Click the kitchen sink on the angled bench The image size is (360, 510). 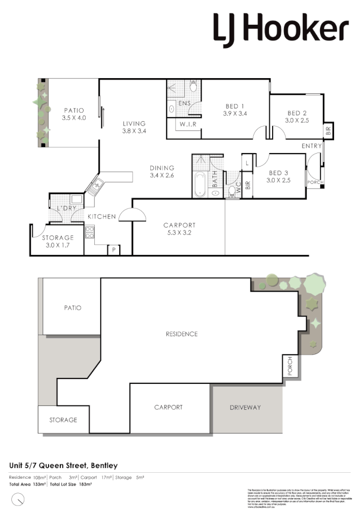[x=95, y=187]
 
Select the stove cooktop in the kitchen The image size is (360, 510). [x=89, y=233]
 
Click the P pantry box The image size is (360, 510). [x=114, y=250]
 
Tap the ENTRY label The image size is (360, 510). [x=311, y=146]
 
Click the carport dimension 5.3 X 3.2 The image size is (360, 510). [x=179, y=233]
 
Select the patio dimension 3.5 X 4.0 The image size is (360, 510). [x=74, y=118]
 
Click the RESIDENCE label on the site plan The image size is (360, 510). [x=182, y=334]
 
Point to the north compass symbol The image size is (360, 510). [x=19, y=499]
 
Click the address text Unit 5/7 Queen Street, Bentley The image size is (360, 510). [x=64, y=465]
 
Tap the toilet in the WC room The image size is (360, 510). [x=232, y=194]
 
